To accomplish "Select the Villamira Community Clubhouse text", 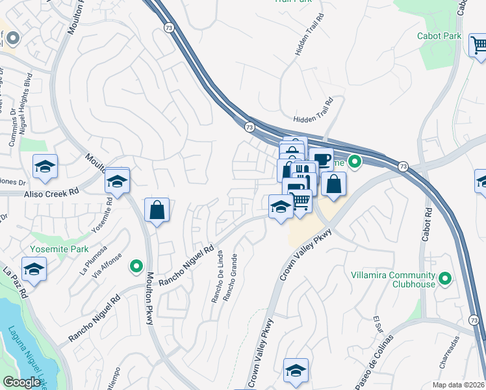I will click(398, 279).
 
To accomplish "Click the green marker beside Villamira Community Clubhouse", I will click(445, 279).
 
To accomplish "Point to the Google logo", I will click(21, 382).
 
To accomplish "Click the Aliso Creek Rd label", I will click(51, 193).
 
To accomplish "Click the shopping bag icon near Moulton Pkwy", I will click(157, 210).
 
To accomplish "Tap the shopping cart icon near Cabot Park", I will click(479, 45).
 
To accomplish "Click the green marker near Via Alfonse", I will click(136, 265).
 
